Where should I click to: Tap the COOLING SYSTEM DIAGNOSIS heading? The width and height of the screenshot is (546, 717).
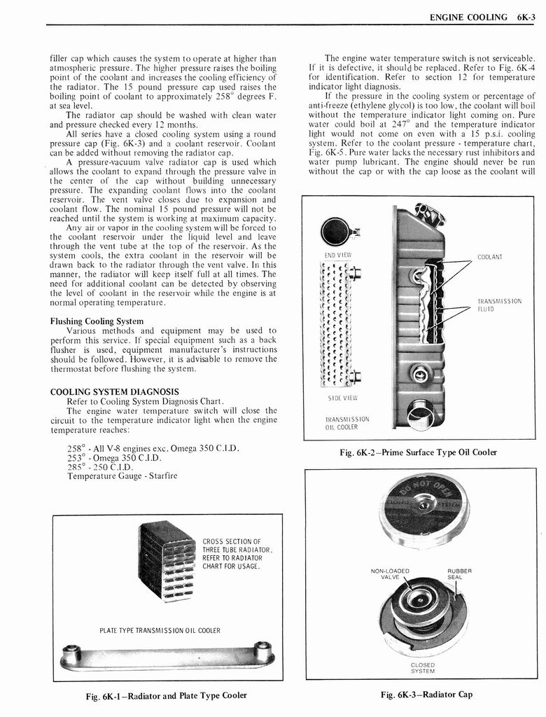(x=114, y=391)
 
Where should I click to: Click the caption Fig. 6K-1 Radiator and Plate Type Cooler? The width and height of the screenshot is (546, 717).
(x=166, y=695)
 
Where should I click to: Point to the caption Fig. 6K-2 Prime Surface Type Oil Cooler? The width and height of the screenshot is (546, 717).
(x=418, y=452)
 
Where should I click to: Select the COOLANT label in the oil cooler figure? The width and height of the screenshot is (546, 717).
(x=491, y=257)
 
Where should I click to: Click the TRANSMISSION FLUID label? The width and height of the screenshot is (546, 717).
(x=499, y=305)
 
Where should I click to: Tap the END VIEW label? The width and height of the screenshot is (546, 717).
(x=337, y=255)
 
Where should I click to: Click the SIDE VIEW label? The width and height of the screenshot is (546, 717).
(x=338, y=398)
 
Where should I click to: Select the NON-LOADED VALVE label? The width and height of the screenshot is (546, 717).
(x=390, y=573)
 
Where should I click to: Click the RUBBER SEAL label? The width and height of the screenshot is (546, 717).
(x=459, y=573)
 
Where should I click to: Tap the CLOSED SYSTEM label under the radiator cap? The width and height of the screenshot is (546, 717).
(x=422, y=667)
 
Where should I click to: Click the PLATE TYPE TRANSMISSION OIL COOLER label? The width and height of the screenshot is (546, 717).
(x=160, y=630)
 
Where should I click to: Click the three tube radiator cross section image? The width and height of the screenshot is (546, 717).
(x=167, y=560)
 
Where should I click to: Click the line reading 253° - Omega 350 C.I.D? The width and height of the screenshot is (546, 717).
(x=114, y=458)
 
